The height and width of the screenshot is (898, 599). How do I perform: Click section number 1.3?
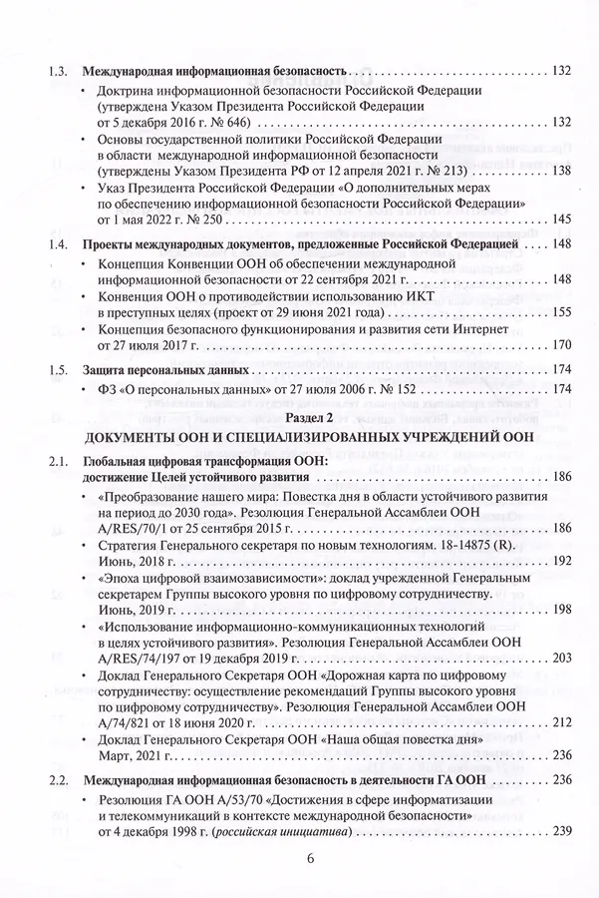59,71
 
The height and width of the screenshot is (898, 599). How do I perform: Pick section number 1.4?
59,243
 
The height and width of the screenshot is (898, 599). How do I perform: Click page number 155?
559,312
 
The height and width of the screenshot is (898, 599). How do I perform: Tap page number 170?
559,345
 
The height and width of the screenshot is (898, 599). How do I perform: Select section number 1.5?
59,370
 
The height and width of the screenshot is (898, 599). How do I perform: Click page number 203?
559,658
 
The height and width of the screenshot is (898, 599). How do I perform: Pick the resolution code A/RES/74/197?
147,658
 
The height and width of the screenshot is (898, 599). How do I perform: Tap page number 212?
559,721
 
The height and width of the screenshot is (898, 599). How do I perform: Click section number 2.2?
59,779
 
